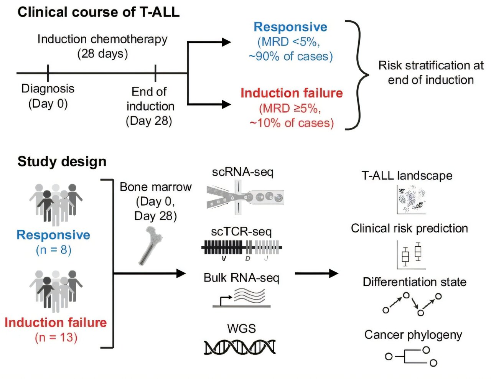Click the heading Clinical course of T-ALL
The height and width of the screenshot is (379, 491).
pyautogui.click(x=98, y=12)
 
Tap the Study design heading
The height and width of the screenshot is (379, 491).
pyautogui.click(x=62, y=161)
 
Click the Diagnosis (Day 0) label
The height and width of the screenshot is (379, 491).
pyautogui.click(x=48, y=96)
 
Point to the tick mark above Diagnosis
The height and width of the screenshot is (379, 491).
pyautogui.click(x=48, y=73)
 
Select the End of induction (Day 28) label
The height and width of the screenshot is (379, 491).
pyautogui.click(x=150, y=106)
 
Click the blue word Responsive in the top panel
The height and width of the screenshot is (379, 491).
pyautogui.click(x=290, y=27)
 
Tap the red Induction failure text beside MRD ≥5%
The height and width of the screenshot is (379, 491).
pyautogui.click(x=292, y=93)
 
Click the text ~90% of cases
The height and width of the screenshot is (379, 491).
pyautogui.click(x=290, y=56)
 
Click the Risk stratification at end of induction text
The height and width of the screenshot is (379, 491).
pyautogui.click(x=430, y=73)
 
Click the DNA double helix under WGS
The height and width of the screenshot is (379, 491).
pyautogui.click(x=240, y=347)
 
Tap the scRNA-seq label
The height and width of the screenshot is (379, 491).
pyautogui.click(x=242, y=172)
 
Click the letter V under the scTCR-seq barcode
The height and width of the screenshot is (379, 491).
pyautogui.click(x=224, y=259)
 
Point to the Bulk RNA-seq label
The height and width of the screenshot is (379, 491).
pyautogui.click(x=241, y=277)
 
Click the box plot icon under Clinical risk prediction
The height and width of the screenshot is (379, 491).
pyautogui.click(x=412, y=254)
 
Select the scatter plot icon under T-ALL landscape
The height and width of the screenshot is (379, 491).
pyautogui.click(x=412, y=199)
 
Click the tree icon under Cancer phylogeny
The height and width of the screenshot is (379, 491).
pyautogui.click(x=412, y=356)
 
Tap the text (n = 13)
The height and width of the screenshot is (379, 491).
pyautogui.click(x=56, y=338)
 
